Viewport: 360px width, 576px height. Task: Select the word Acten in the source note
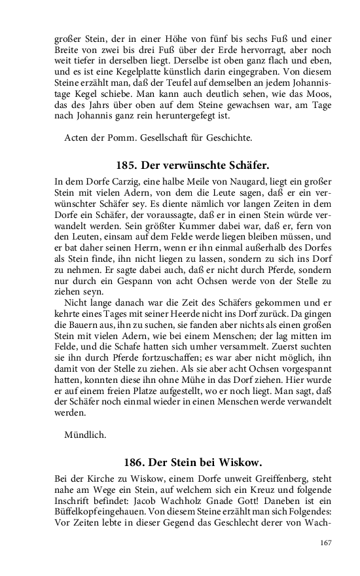pyautogui.click(x=77, y=137)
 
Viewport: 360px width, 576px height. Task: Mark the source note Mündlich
pyautogui.click(x=86, y=434)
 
